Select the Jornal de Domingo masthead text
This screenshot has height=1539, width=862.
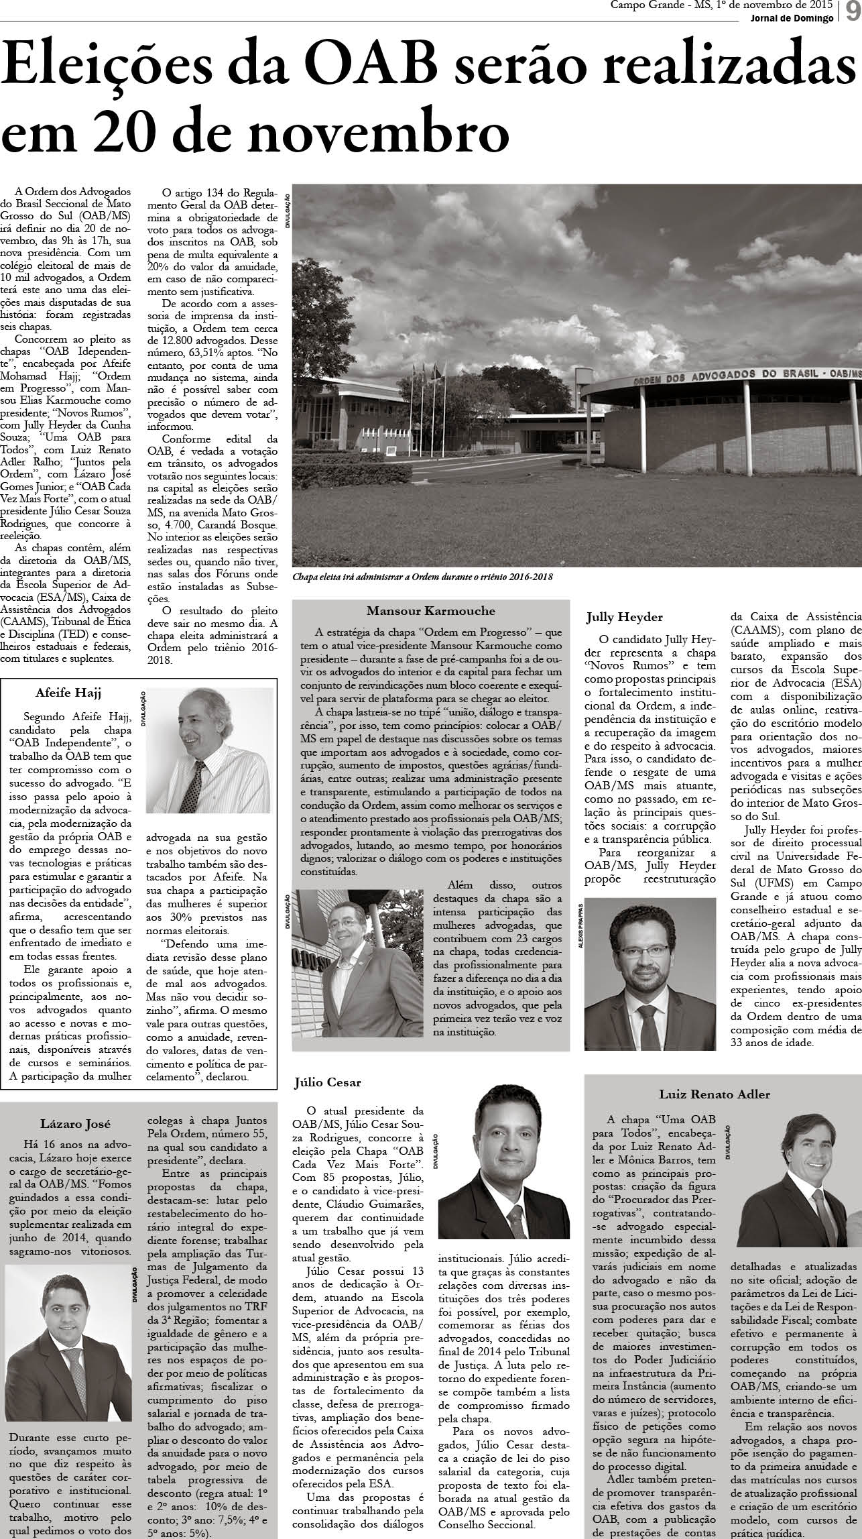click(792, 18)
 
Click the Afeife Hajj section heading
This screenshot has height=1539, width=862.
click(68, 691)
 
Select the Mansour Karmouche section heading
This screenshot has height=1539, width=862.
click(430, 611)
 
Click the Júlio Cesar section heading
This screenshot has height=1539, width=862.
click(328, 1100)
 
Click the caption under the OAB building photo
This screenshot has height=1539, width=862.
click(422, 577)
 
